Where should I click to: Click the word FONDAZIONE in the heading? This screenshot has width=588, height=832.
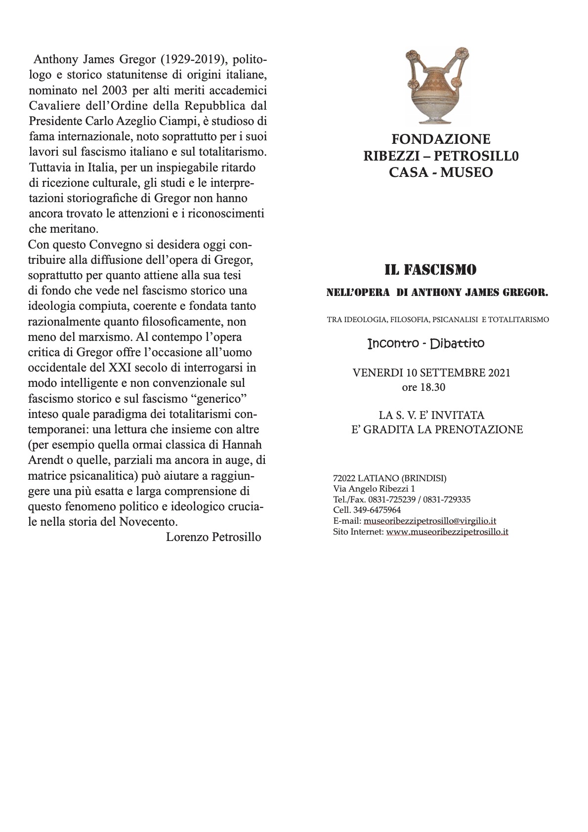pyautogui.click(x=441, y=139)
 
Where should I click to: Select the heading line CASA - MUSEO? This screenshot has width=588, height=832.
pyautogui.click(x=440, y=173)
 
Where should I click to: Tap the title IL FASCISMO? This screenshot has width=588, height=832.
pyautogui.click(x=430, y=270)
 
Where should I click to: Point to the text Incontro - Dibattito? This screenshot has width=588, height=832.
pyautogui.click(x=426, y=343)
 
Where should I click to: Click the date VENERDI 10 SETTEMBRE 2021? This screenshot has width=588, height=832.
pyautogui.click(x=431, y=373)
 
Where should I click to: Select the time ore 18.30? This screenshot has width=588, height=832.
pyautogui.click(x=423, y=387)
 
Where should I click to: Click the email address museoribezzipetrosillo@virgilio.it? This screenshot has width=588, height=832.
pyautogui.click(x=429, y=521)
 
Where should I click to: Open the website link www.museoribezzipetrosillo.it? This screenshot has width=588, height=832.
pyautogui.click(x=447, y=532)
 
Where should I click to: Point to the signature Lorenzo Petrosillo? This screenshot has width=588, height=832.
pyautogui.click(x=213, y=537)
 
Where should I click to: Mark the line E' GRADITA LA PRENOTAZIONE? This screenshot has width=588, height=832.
pyautogui.click(x=437, y=430)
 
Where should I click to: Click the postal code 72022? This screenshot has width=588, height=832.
pyautogui.click(x=344, y=478)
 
